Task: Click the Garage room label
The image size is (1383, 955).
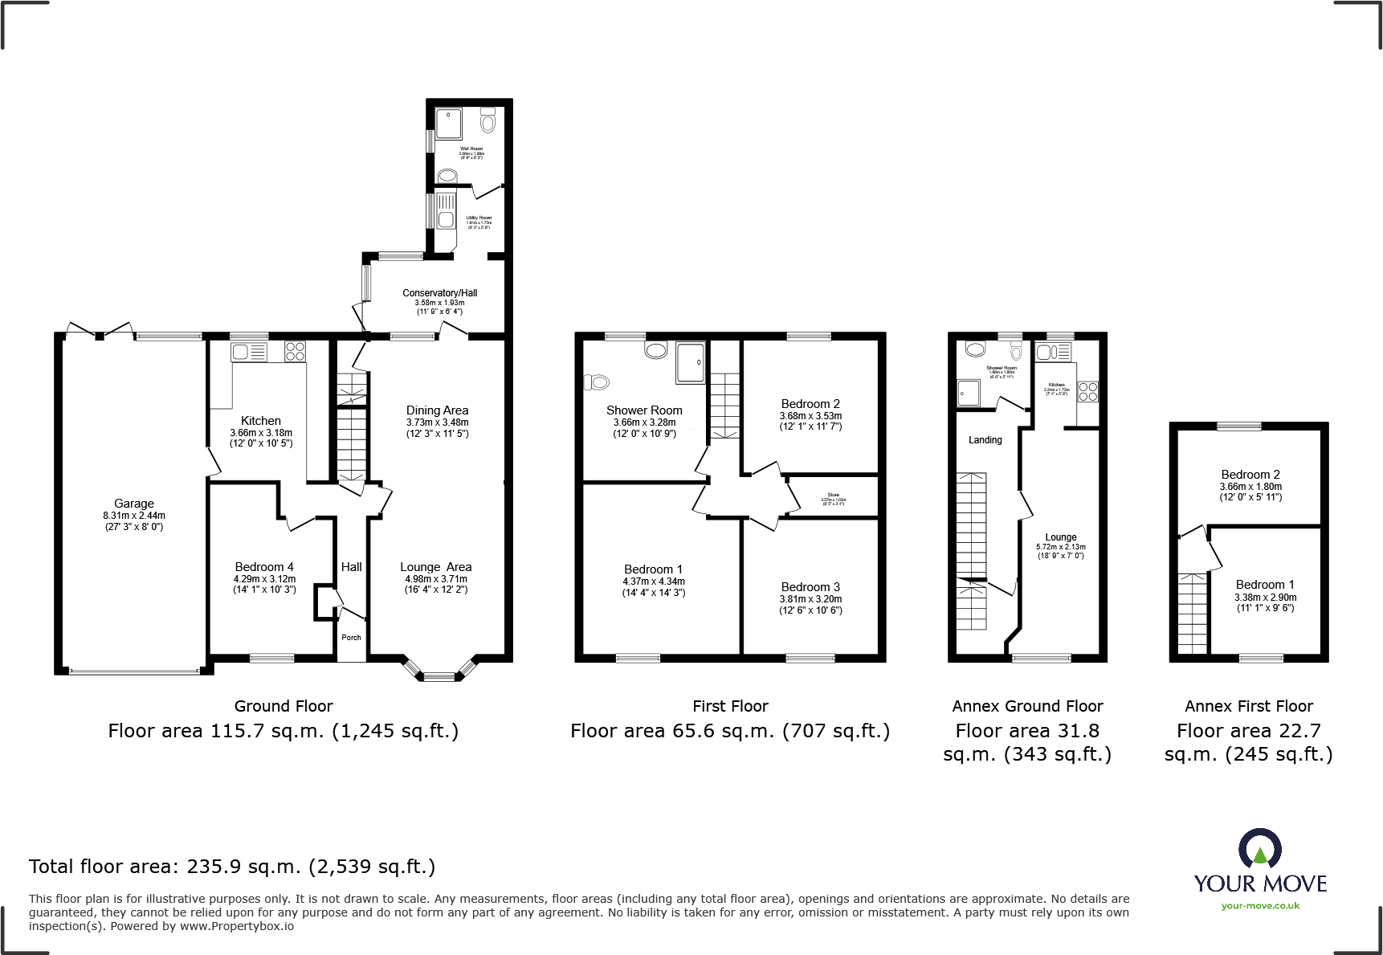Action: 133,504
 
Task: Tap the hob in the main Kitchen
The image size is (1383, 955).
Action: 295,351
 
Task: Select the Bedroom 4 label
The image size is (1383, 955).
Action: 264,567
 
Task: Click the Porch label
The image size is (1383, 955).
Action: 351,638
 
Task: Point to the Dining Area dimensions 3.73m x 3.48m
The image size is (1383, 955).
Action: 437,422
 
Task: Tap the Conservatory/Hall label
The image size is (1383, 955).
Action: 439,293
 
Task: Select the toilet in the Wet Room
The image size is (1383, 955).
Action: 488,121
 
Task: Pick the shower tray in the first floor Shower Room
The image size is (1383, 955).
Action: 689,362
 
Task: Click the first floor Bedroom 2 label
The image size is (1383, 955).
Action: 810,404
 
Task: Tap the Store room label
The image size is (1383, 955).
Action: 833,495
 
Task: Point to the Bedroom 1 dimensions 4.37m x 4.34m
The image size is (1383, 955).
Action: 654,582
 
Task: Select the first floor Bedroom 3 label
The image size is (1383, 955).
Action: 810,587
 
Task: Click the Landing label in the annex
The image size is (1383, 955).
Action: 985,440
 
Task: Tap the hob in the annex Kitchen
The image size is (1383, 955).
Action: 1087,392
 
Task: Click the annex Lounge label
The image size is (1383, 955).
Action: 1060,537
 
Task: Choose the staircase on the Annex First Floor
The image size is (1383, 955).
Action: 1192,614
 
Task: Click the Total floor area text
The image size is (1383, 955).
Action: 232,867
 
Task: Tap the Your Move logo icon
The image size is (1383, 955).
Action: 1259,849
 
